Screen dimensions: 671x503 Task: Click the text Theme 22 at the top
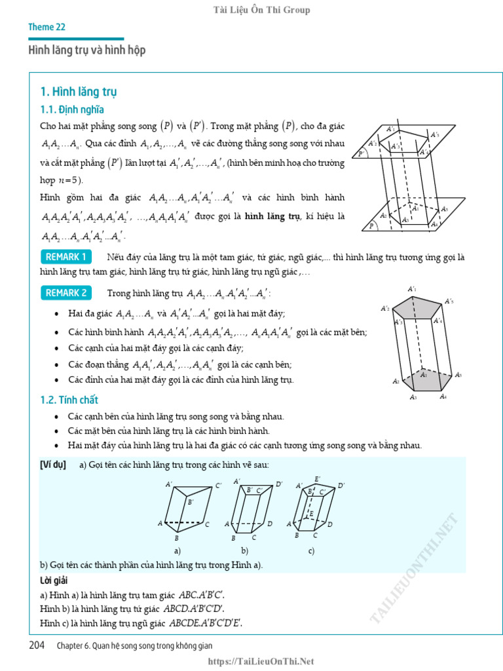47,27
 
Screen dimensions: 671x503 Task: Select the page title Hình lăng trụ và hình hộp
86,50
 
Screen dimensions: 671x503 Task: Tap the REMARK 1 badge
65,256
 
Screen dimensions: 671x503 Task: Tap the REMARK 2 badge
65,293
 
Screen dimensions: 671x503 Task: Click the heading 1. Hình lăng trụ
79,91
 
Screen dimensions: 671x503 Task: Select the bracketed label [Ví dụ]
53,465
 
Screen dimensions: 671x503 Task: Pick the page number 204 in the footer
37,645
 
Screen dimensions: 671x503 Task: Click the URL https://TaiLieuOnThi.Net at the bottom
261,662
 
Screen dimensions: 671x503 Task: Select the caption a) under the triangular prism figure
177,550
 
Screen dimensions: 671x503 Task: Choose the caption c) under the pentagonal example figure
311,550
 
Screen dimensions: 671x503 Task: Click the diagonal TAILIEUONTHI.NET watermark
416,567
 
